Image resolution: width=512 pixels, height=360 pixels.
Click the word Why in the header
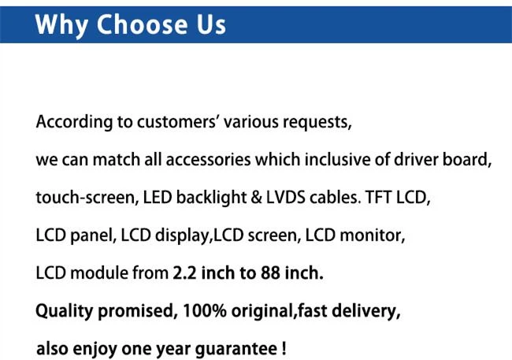click(61, 25)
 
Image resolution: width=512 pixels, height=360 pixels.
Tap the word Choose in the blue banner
click(142, 24)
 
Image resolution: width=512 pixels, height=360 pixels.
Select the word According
click(74, 123)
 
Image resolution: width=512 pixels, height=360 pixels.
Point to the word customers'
click(177, 122)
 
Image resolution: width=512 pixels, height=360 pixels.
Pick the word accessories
click(208, 160)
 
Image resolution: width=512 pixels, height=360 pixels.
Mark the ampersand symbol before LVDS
click(256, 198)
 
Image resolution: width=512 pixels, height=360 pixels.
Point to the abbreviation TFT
click(378, 198)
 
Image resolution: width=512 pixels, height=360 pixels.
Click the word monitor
click(373, 236)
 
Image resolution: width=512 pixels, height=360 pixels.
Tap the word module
click(99, 273)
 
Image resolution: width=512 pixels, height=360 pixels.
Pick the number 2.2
click(184, 273)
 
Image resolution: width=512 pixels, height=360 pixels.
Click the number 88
click(270, 273)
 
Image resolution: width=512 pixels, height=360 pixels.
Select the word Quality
click(65, 311)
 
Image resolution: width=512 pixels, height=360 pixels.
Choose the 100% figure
click(205, 310)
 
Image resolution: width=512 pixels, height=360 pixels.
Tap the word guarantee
click(236, 350)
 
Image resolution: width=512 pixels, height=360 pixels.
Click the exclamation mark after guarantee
click(284, 348)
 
